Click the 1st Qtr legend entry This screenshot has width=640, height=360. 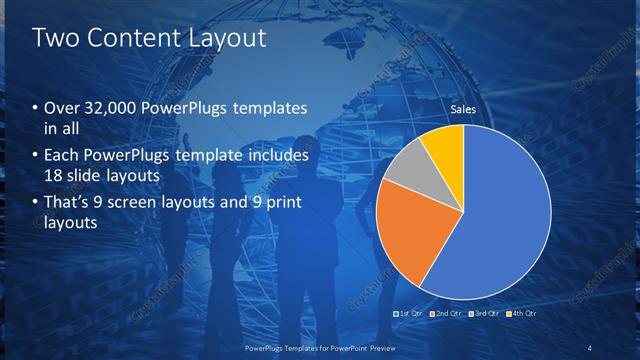tap(409, 315)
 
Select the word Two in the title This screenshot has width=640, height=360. tap(54, 39)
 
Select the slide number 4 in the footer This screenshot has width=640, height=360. tap(590, 348)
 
